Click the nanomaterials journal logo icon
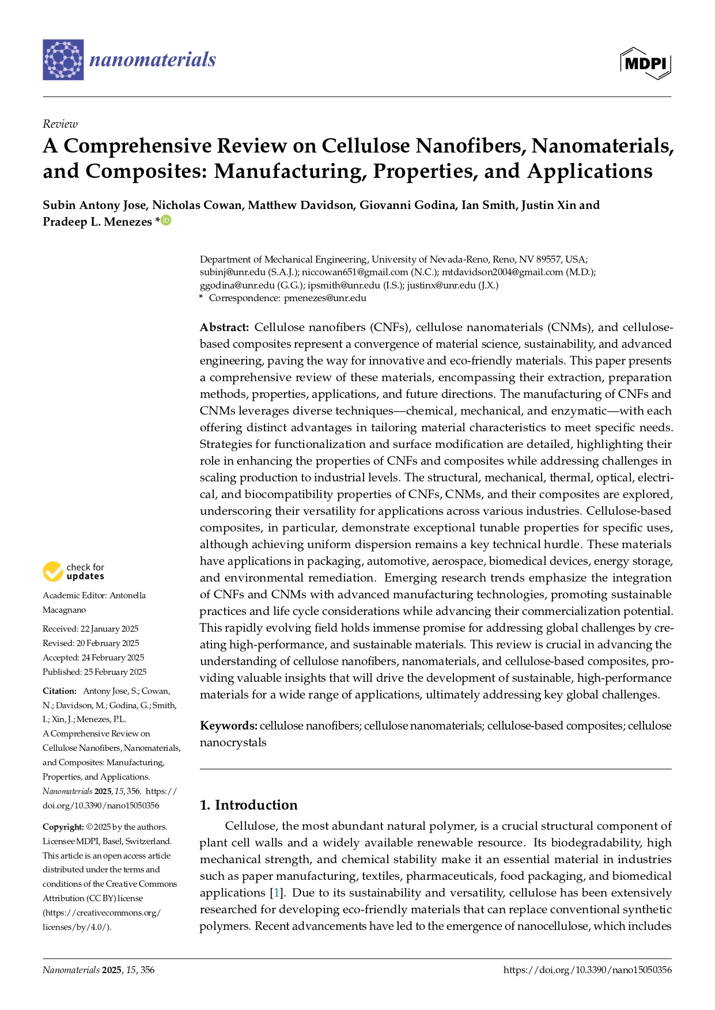point(63,60)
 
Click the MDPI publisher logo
point(645,63)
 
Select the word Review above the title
point(60,124)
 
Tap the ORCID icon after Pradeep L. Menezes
point(167,220)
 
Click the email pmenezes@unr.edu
point(325,298)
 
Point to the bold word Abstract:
point(224,327)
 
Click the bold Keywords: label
point(228,726)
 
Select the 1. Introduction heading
point(248,804)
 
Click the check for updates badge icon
point(53,571)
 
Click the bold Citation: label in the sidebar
point(59,691)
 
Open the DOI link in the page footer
point(587,970)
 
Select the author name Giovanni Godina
point(407,205)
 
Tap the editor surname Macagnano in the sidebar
point(63,610)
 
